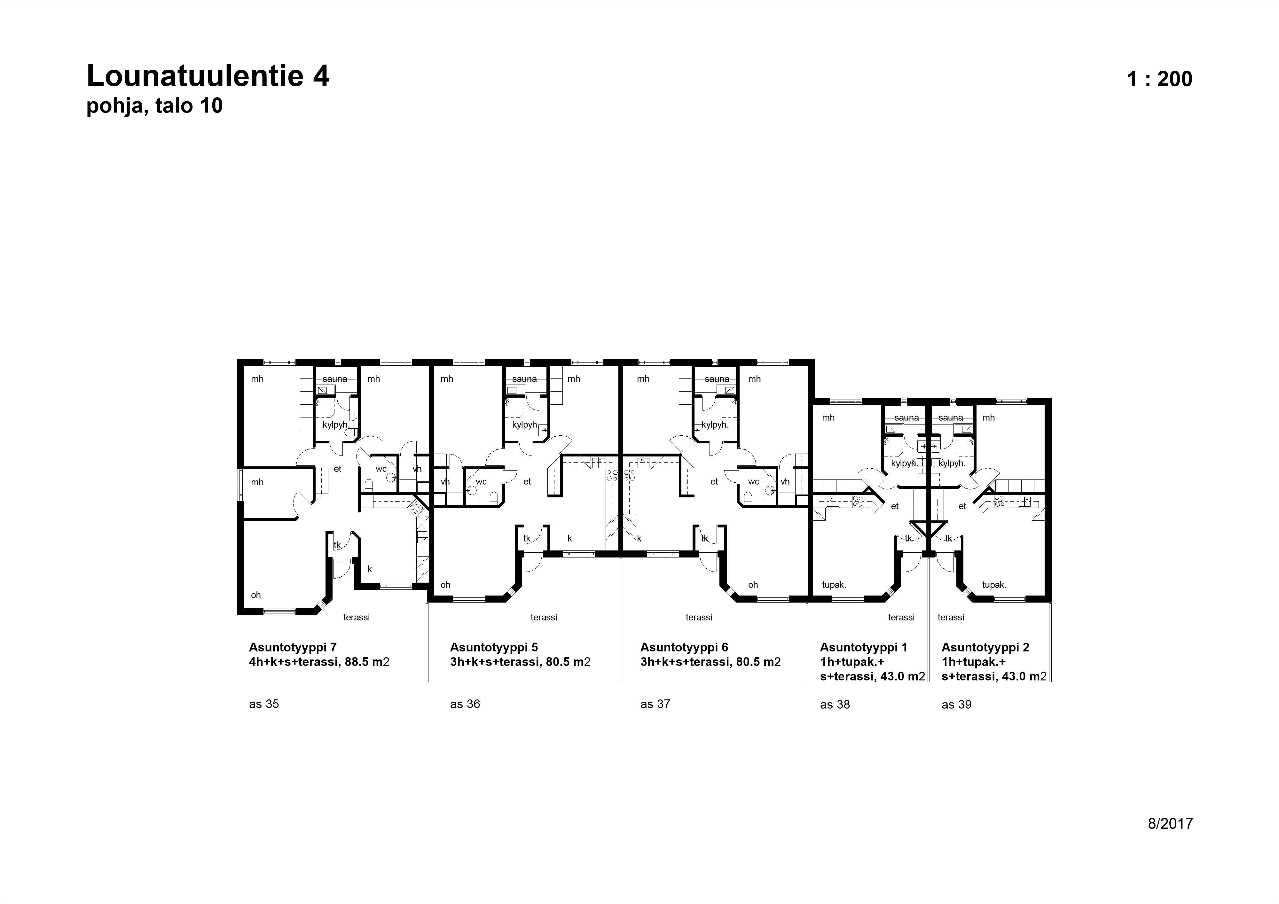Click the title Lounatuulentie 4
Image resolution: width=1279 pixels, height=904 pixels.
(208, 76)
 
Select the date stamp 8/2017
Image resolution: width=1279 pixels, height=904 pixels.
(1170, 823)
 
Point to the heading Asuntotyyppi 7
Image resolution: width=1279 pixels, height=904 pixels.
(293, 647)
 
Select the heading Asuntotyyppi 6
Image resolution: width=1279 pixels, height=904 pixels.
(684, 647)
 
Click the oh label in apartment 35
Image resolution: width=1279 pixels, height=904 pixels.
(256, 595)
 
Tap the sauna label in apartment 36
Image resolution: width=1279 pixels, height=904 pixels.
(524, 379)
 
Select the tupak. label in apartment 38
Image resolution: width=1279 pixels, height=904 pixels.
(834, 585)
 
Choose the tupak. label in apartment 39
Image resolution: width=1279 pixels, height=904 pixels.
(994, 585)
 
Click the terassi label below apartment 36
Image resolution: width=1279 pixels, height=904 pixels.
(544, 617)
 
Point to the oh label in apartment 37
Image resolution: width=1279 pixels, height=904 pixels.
(753, 585)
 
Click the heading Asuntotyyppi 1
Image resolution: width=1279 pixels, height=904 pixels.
(863, 647)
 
